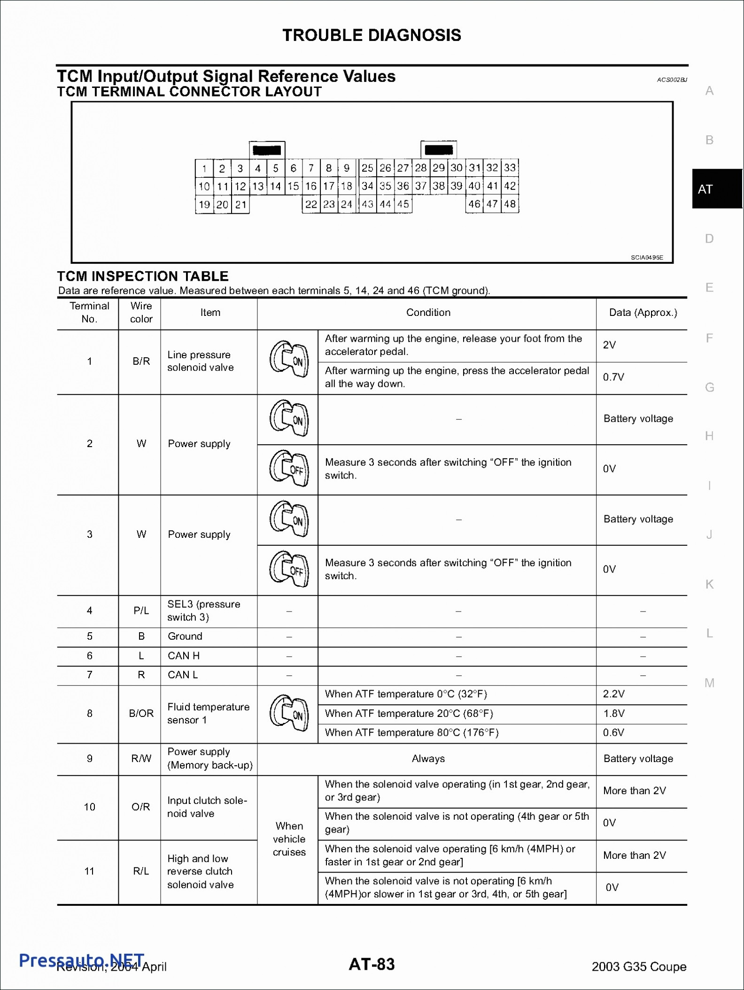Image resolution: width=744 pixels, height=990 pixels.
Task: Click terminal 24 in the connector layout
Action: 347,204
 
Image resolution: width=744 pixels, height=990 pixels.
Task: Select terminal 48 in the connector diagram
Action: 510,204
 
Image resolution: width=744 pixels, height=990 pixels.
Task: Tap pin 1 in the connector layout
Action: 204,168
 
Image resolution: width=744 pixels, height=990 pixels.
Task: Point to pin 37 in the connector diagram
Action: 421,186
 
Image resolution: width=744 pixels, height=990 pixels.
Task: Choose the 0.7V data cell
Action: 613,377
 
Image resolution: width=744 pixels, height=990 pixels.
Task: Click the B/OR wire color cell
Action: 141,714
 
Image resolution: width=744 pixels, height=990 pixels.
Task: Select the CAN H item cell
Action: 184,656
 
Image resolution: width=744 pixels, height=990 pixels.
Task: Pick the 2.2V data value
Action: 614,694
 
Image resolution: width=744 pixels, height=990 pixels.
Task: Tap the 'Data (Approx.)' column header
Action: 643,313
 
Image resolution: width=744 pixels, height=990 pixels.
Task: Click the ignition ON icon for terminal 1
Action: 289,361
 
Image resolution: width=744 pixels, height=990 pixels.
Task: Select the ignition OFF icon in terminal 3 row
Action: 289,570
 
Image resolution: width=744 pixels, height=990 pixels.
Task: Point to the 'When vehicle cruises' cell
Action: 289,839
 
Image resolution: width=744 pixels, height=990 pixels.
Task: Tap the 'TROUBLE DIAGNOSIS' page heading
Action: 372,35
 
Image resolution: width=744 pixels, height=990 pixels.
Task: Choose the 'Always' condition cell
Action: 428,759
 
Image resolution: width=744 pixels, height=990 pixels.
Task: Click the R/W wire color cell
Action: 141,759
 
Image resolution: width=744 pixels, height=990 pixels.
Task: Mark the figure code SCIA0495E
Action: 646,258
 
